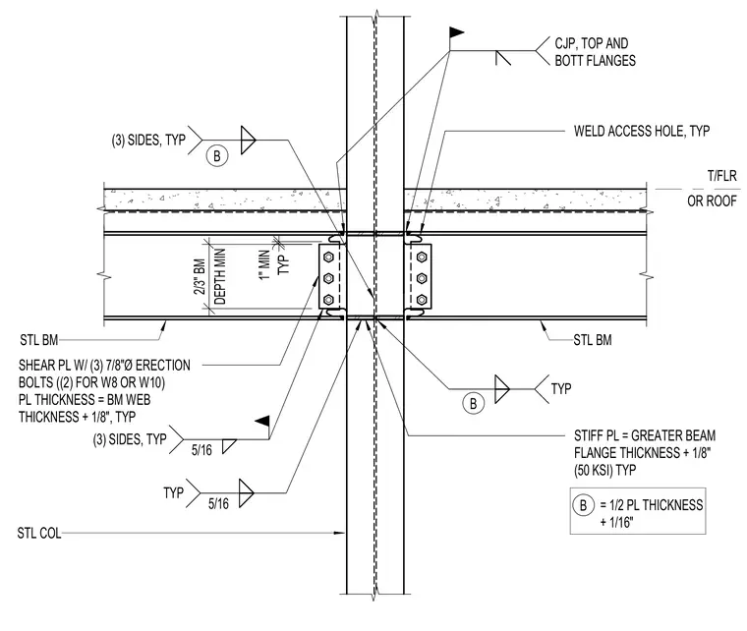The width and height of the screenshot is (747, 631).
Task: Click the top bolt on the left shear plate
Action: click(328, 258)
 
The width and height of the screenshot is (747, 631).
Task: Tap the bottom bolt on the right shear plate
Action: click(421, 300)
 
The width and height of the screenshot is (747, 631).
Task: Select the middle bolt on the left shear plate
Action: click(328, 278)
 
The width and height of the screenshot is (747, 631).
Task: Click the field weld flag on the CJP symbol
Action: click(456, 32)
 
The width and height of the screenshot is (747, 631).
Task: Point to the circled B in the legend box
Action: click(583, 505)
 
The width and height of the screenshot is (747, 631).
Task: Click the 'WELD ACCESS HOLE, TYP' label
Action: click(642, 131)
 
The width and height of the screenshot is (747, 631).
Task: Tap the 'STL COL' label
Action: click(39, 533)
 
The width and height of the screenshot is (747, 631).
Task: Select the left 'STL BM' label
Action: click(39, 340)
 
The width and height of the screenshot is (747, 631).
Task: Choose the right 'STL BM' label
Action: click(593, 340)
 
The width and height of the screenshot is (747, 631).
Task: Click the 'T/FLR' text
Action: click(722, 176)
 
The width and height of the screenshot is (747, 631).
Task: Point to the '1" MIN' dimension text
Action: click(265, 265)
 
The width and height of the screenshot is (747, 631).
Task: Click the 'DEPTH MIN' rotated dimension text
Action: click(219, 277)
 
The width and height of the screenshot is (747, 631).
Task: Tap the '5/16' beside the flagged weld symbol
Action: click(201, 450)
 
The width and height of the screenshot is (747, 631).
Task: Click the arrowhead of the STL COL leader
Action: click(340, 533)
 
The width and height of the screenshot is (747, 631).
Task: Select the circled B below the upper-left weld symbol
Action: click(217, 155)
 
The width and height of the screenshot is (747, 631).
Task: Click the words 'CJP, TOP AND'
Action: click(592, 43)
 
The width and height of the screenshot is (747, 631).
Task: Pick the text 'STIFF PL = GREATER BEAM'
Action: click(645, 435)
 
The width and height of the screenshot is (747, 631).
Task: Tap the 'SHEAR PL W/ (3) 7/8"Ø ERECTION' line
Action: click(104, 366)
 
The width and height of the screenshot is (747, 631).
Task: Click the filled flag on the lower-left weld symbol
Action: click(262, 421)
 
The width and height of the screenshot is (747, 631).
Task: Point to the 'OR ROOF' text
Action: click(712, 201)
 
